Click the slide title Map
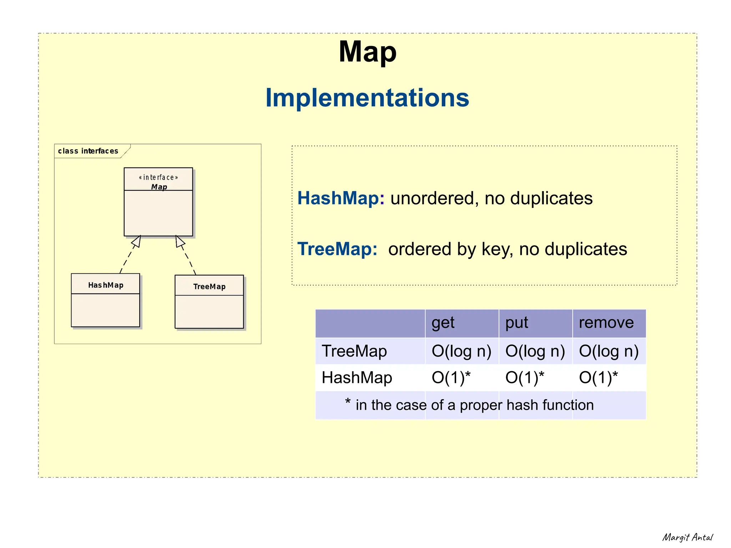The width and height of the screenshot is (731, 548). [367, 52]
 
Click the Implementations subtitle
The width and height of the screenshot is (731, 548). [367, 98]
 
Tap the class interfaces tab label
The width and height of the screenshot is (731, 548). [88, 151]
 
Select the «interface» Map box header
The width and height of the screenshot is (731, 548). [158, 182]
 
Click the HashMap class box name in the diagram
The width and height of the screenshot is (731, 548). [106, 285]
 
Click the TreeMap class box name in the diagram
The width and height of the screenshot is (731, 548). [209, 287]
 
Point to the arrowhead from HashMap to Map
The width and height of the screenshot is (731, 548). [137, 242]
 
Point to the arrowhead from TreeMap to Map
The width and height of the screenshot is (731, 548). [180, 241]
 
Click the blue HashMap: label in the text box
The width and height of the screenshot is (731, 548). [341, 198]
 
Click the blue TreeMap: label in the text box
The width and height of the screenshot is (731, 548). [337, 249]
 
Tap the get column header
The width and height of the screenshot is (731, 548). [443, 323]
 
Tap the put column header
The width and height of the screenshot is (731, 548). [516, 323]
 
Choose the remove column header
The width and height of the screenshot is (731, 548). [606, 323]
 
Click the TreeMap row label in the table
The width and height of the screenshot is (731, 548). [354, 351]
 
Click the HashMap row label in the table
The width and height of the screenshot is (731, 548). [357, 378]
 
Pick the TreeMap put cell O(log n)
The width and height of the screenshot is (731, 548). [535, 351]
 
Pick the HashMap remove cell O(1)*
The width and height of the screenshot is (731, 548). [598, 378]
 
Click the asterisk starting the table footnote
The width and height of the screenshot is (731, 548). [348, 402]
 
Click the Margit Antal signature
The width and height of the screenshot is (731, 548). [687, 537]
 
